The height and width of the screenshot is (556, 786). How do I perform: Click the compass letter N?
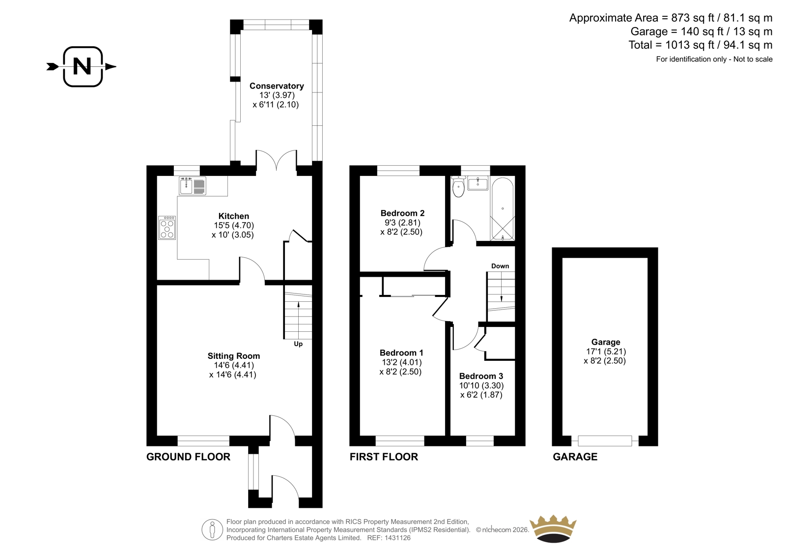click(82, 66)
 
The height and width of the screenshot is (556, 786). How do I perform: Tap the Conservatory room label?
click(277, 86)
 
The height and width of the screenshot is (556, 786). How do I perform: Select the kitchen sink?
click(192, 186)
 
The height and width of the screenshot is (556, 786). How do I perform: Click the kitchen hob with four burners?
click(167, 228)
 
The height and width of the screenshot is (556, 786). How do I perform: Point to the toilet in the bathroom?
click(459, 187)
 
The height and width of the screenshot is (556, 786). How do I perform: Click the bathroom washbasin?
click(477, 184)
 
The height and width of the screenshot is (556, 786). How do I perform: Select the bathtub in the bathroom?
click(503, 209)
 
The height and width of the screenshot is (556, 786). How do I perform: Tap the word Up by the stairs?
click(298, 344)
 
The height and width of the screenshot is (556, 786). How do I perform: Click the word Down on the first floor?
click(500, 266)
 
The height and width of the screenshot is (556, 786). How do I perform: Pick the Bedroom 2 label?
click(402, 213)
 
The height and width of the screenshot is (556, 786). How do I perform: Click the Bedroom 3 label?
click(481, 376)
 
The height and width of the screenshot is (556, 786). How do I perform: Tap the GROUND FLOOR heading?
click(189, 457)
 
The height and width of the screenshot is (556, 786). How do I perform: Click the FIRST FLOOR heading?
click(384, 457)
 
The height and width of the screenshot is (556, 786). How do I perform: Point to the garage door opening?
click(605, 441)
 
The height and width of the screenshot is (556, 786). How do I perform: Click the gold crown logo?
click(553, 529)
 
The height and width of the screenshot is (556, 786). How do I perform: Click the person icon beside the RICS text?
click(212, 529)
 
